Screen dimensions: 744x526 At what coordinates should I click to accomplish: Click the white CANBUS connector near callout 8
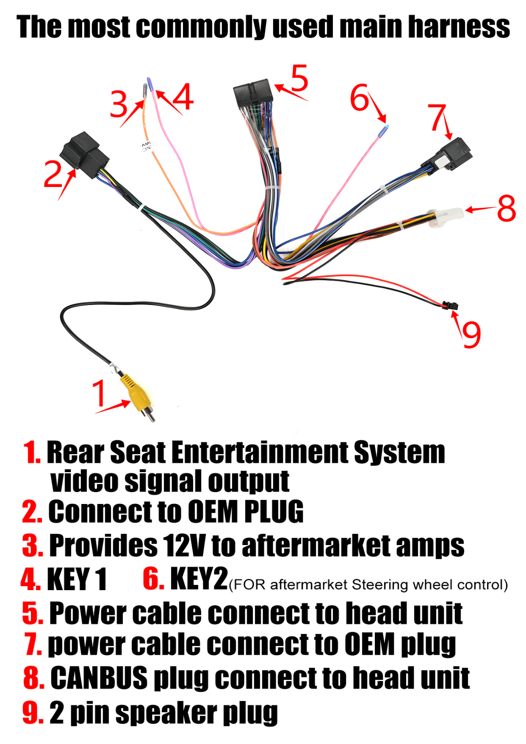[x=446, y=217]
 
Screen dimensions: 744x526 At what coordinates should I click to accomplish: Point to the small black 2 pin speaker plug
[x=451, y=305]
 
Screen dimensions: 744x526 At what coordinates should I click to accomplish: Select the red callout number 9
[x=471, y=334]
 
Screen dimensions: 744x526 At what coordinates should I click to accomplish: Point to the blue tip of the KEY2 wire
[x=386, y=128]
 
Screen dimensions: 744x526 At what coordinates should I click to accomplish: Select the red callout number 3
[x=118, y=105]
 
